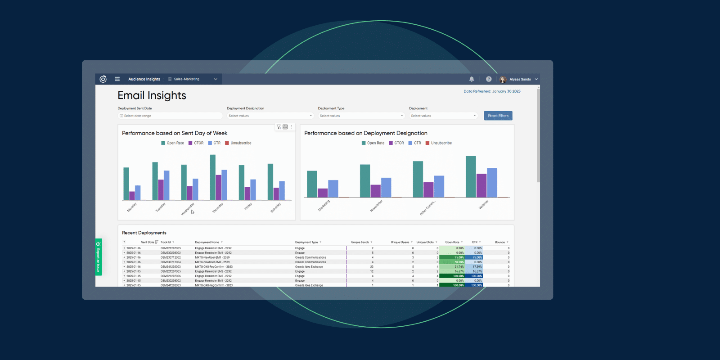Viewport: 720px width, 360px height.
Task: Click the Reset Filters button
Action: [x=498, y=116]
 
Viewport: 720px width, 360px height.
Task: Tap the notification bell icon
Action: [x=472, y=79]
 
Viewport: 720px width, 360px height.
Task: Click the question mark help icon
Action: [x=489, y=79]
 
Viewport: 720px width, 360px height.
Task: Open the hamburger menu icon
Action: [x=117, y=79]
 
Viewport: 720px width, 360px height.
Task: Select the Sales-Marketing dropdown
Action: [x=193, y=79]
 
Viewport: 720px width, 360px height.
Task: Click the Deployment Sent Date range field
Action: [x=170, y=116]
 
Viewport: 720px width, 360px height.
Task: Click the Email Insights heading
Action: [x=152, y=95]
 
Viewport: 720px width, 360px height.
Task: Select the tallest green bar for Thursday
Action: [x=213, y=177]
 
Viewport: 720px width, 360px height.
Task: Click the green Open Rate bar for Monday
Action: [x=126, y=184]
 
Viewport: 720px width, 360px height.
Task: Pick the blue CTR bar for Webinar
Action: [x=492, y=183]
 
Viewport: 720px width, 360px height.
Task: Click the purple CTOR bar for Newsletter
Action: [x=375, y=191]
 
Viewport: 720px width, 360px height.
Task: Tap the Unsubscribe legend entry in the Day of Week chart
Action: [x=240, y=143]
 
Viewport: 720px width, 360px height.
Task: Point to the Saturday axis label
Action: [x=275, y=207]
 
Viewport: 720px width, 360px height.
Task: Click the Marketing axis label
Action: [x=324, y=205]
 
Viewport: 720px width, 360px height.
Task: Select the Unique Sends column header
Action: [x=360, y=242]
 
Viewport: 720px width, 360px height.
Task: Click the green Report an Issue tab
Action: [x=99, y=257]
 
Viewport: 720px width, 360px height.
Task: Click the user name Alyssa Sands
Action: [x=520, y=79]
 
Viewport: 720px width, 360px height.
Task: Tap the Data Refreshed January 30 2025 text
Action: [x=492, y=91]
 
